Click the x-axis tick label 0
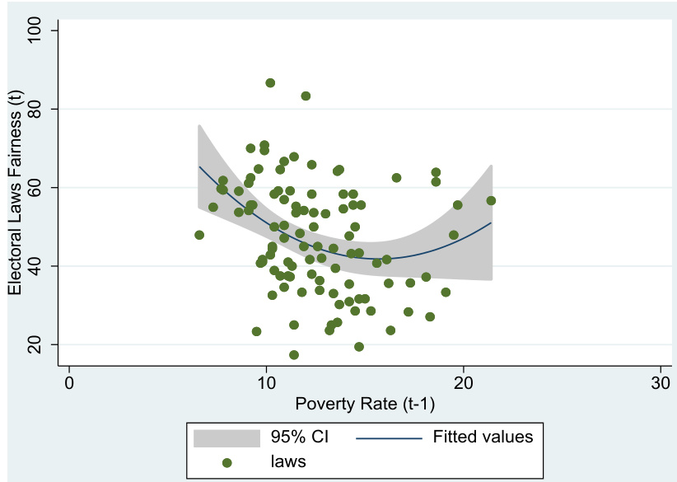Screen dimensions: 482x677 (69, 384)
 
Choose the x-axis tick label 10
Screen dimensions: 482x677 (266, 384)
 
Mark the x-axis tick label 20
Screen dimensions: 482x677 (463, 384)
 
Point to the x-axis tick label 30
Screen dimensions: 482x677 (660, 384)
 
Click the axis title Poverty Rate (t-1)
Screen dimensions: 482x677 (365, 404)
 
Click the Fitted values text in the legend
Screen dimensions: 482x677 (483, 437)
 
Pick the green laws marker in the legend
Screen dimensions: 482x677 (226, 462)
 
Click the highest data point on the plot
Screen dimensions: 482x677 (270, 83)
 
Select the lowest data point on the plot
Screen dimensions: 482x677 (294, 355)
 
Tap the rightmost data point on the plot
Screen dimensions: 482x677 (491, 200)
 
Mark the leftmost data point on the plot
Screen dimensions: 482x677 (199, 235)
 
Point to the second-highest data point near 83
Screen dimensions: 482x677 (306, 96)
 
